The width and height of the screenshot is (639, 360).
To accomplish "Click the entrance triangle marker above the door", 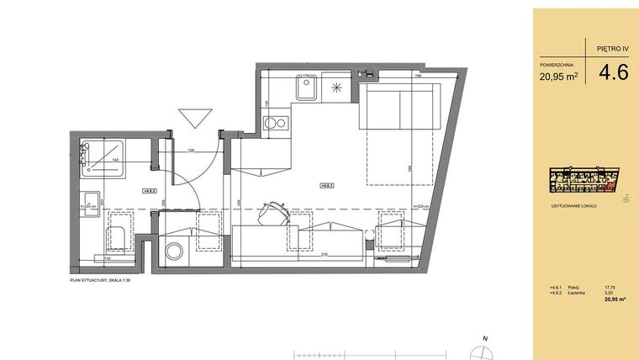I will click(193, 117).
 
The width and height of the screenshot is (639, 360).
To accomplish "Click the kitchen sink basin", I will click(304, 87).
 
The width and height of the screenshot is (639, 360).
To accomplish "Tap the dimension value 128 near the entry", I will click(192, 151).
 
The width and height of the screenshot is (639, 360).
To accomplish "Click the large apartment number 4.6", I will click(613, 72).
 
